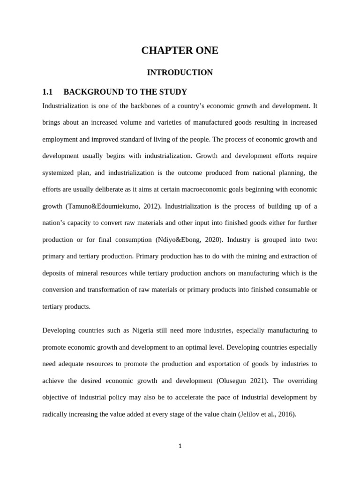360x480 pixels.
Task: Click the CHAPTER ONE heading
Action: [x=180, y=51]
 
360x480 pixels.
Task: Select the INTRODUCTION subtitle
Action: [x=180, y=72]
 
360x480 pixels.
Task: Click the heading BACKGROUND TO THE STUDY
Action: [x=125, y=92]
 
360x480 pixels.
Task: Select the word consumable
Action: [x=284, y=290]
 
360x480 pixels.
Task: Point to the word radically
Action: [x=57, y=414]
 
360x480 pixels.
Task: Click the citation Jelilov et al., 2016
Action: [x=265, y=414]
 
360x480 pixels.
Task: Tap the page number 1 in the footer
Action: [x=180, y=446]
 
